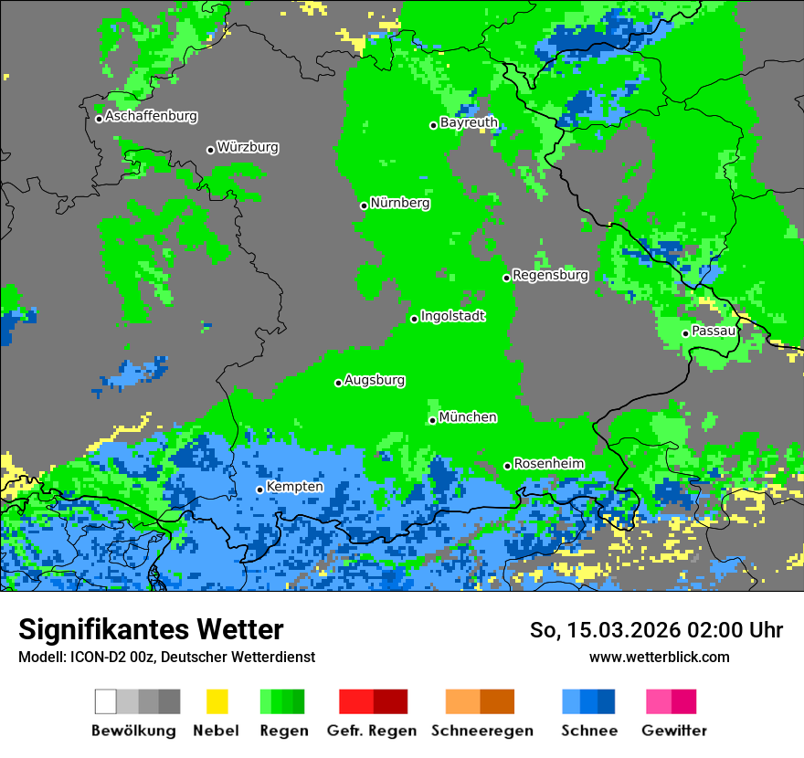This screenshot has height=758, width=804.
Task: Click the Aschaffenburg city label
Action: point(151,117)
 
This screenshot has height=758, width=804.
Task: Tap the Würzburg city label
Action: point(248,147)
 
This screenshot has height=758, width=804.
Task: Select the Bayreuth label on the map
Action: point(469,122)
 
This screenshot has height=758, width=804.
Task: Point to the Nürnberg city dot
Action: point(364,205)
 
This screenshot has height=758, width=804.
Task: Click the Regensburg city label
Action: point(550,275)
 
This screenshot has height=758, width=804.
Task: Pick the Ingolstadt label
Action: point(452,316)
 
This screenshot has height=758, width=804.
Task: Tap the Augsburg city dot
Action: point(338,383)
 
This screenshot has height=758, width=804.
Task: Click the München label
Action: point(468,417)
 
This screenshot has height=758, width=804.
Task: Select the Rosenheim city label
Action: point(548,464)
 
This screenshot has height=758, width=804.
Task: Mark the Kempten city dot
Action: point(259,490)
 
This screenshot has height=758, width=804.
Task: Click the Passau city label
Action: point(714,331)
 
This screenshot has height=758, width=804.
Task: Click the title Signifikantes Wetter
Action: point(151,629)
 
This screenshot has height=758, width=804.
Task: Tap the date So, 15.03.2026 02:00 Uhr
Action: point(656,630)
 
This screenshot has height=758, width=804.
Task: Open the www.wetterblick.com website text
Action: point(659,657)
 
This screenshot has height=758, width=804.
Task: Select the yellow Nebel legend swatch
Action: point(217,701)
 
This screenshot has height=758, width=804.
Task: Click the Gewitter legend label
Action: point(674,731)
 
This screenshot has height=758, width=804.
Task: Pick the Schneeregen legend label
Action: point(481,731)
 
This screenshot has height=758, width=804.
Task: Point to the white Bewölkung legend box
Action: point(106,701)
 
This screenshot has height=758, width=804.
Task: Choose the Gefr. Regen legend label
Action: point(372,731)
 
